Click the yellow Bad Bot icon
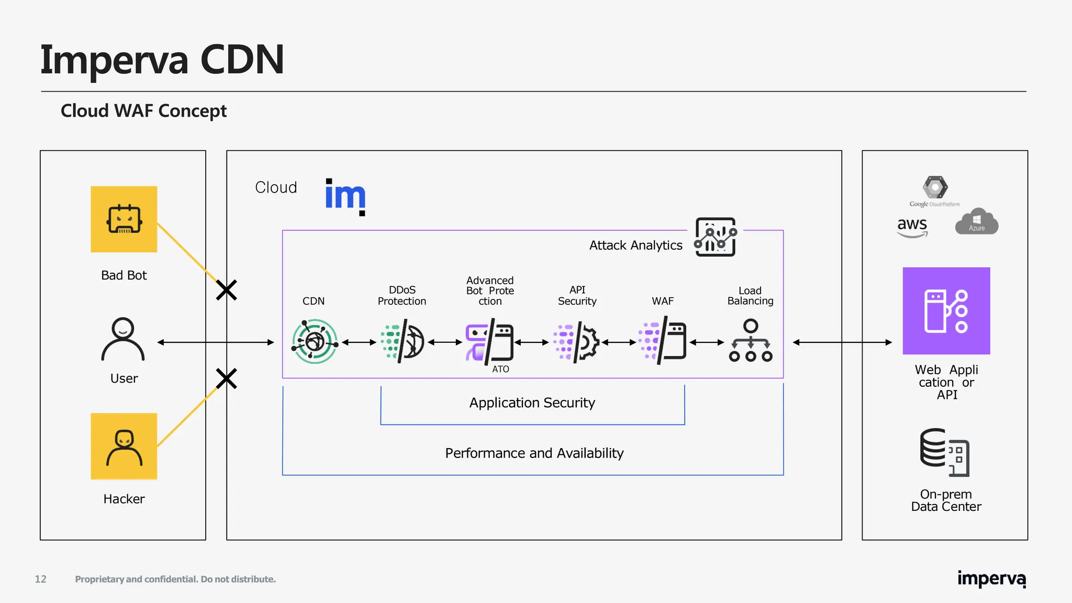[x=124, y=219]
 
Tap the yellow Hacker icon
[x=124, y=446]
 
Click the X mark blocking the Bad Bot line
[x=227, y=289]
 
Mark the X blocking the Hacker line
[x=227, y=378]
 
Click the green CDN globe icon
[x=315, y=342]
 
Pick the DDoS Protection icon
[x=403, y=342]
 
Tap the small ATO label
[x=500, y=369]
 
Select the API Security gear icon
[x=577, y=342]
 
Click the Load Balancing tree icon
[x=751, y=341]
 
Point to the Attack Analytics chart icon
[x=716, y=237]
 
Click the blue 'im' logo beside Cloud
[x=345, y=196]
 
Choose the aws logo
[x=912, y=227]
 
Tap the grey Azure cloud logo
[x=977, y=222]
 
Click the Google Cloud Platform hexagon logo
[x=935, y=187]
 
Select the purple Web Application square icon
[x=946, y=311]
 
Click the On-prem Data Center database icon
[x=944, y=452]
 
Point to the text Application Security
[x=532, y=403]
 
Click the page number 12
[x=41, y=579]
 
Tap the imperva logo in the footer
[x=991, y=579]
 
